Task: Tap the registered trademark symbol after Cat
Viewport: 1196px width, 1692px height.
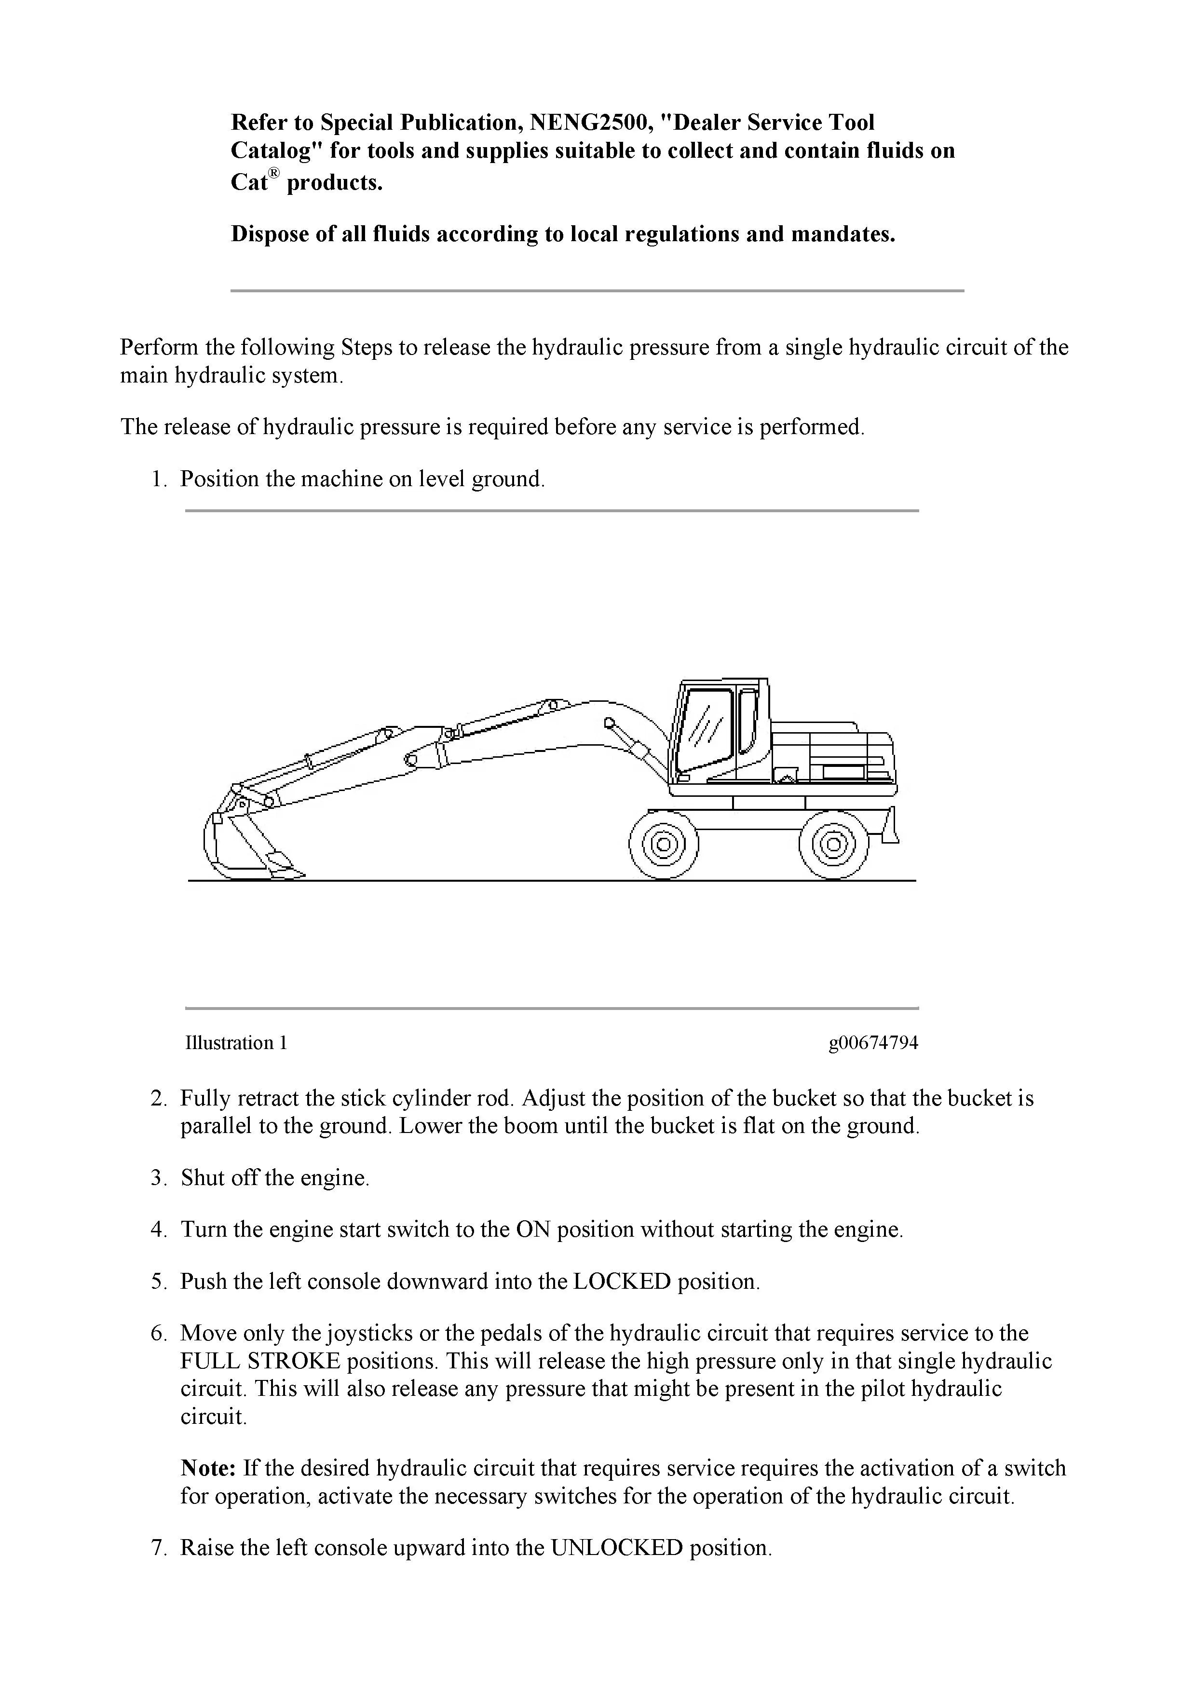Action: pos(274,173)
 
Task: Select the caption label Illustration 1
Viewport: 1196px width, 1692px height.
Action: pos(236,1043)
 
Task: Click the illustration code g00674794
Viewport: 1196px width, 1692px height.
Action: pos(873,1043)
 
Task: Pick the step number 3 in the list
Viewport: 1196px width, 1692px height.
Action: pos(158,1178)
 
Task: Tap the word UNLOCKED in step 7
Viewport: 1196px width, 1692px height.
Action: pos(617,1548)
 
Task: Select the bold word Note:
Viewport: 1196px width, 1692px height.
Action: pos(208,1468)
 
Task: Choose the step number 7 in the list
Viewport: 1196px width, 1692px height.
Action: pos(158,1548)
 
